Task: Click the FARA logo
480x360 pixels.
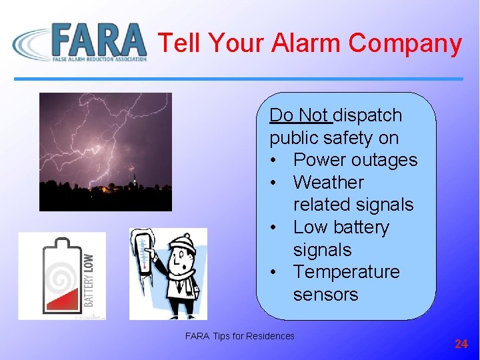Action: pyautogui.click(x=80, y=42)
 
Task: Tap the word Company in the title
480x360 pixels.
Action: pyautogui.click(x=405, y=43)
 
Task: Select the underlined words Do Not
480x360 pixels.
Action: pyautogui.click(x=299, y=115)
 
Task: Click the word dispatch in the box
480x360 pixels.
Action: pyautogui.click(x=367, y=115)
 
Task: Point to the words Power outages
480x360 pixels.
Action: pyautogui.click(x=355, y=160)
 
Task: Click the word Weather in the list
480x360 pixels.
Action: pyautogui.click(x=328, y=182)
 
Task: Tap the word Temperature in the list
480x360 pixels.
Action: pyautogui.click(x=346, y=272)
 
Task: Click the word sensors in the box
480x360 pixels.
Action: pyautogui.click(x=325, y=295)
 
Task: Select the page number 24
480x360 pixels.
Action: pyautogui.click(x=461, y=344)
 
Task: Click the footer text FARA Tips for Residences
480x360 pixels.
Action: pyautogui.click(x=239, y=336)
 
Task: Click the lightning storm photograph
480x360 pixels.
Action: pyautogui.click(x=105, y=151)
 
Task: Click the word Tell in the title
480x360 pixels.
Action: pyautogui.click(x=180, y=43)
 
